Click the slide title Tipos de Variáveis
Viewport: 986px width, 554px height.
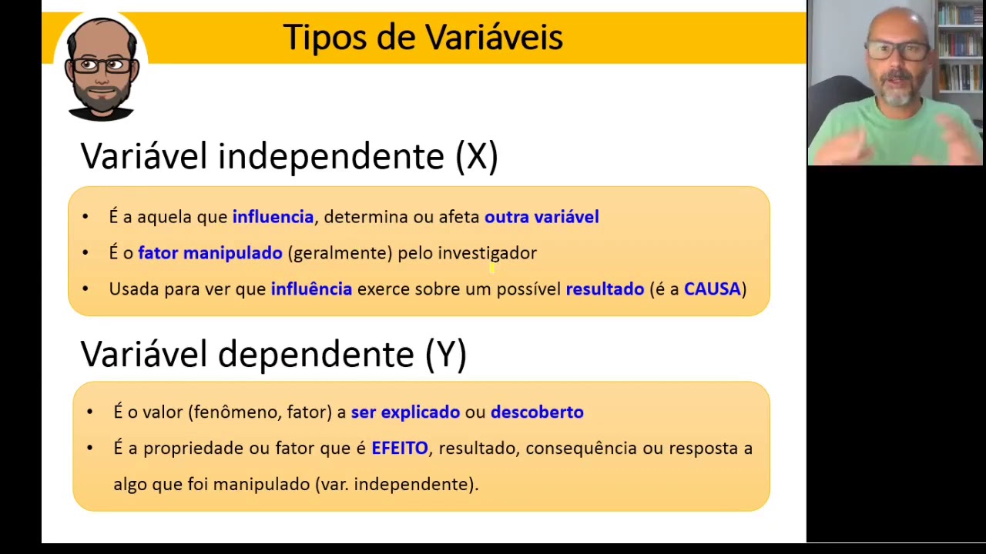tap(423, 37)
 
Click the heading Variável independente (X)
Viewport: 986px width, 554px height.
tap(289, 156)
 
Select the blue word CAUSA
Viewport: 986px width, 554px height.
tap(712, 289)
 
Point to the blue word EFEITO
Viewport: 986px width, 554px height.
tap(399, 448)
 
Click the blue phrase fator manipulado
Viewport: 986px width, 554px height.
tap(210, 253)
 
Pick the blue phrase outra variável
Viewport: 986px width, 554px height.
tap(542, 217)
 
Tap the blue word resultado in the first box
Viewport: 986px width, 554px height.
tap(605, 289)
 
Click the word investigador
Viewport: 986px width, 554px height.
tap(487, 253)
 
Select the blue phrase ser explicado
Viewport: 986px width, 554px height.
tap(405, 412)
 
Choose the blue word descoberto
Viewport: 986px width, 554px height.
tap(537, 412)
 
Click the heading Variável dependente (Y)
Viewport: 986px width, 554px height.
tap(273, 354)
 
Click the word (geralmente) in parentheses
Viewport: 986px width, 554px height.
tap(340, 253)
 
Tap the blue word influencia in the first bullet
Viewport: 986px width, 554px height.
tap(273, 217)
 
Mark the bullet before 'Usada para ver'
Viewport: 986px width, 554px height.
tap(86, 289)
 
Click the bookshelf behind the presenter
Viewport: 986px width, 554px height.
tap(959, 46)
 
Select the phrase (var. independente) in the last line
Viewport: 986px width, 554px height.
tap(397, 484)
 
